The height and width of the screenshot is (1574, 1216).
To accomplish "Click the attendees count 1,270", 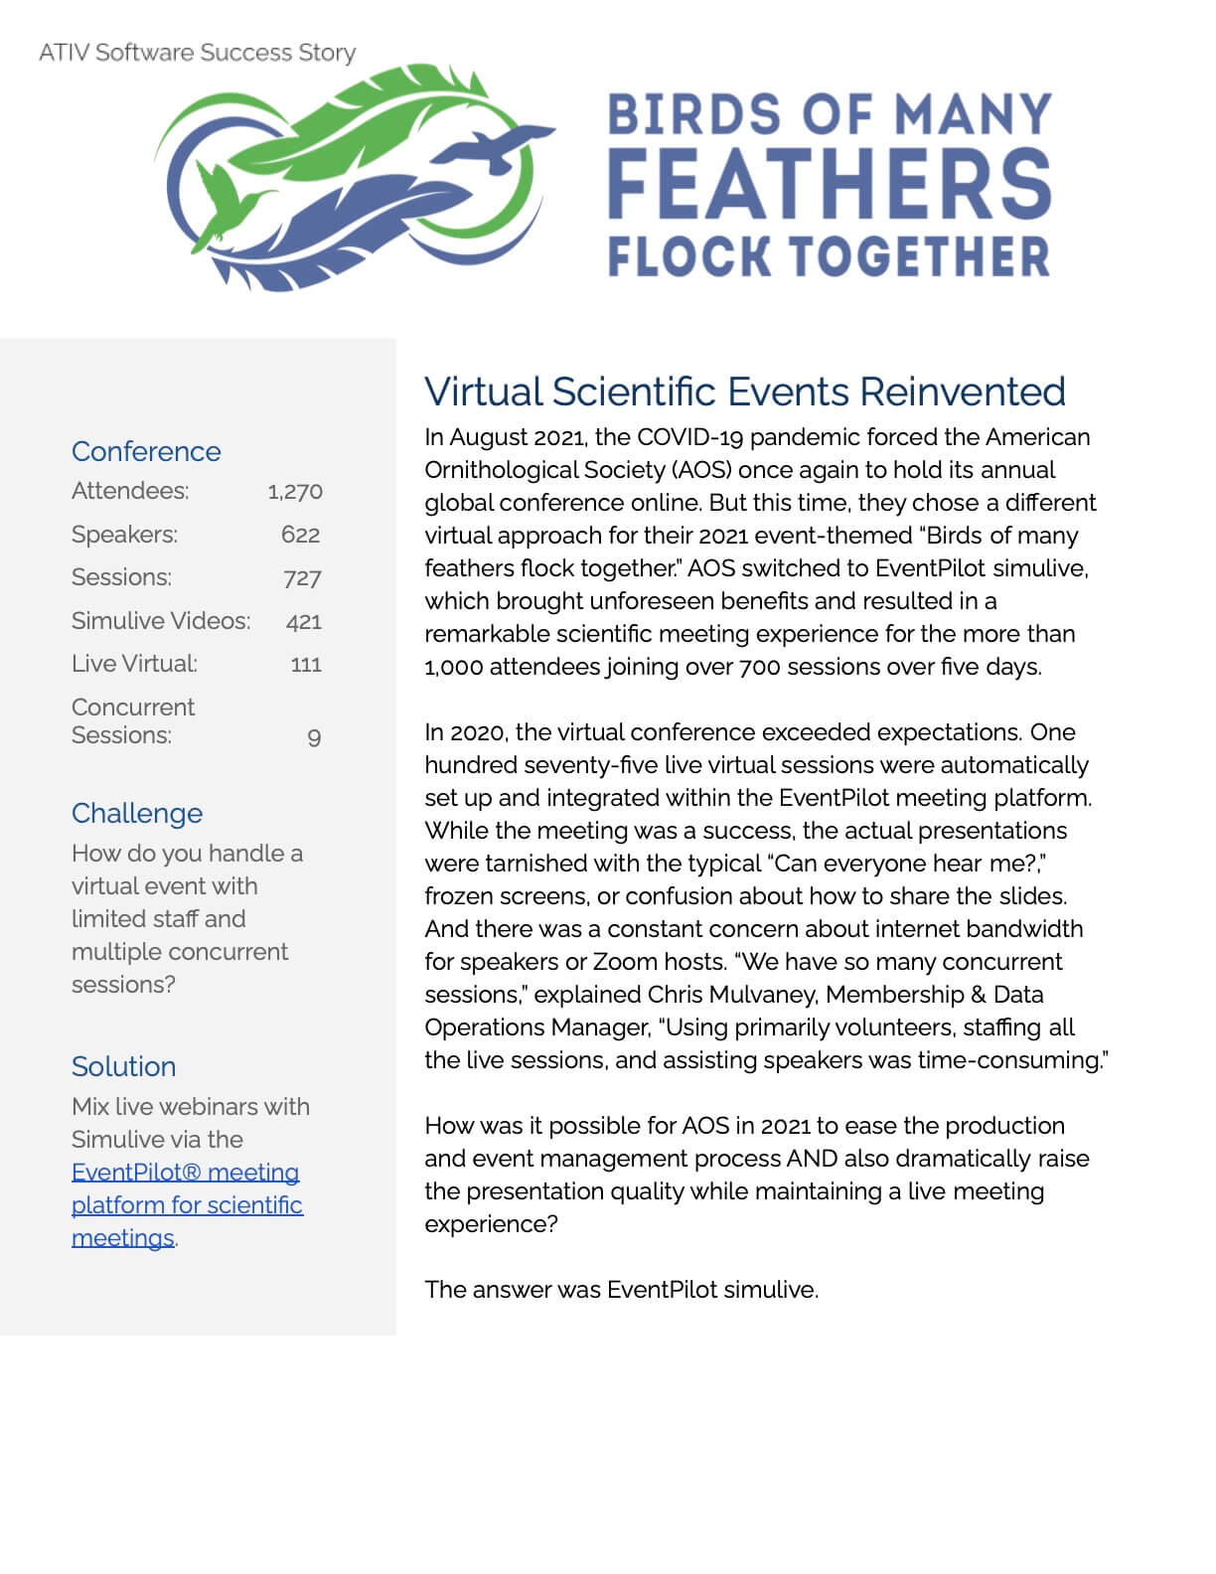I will click(x=295, y=491).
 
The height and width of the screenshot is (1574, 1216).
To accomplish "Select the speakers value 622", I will click(x=300, y=535).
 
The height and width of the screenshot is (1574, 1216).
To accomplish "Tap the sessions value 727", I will click(x=302, y=578).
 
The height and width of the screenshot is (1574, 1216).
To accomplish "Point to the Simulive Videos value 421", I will click(x=303, y=622).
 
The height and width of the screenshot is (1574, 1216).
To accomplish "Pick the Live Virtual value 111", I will click(x=306, y=665).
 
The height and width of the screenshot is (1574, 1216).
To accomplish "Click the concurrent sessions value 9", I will click(x=314, y=737).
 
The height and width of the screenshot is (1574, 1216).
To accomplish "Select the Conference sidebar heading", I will click(x=146, y=451).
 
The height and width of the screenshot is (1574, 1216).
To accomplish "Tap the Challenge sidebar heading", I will click(x=137, y=813).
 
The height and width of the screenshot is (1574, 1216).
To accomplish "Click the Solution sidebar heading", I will click(x=123, y=1066).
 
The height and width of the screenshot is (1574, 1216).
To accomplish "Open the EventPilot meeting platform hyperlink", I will click(x=186, y=1204).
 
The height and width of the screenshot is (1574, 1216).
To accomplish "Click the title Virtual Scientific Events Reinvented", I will click(x=744, y=392).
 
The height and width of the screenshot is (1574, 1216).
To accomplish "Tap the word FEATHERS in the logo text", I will click(x=829, y=185).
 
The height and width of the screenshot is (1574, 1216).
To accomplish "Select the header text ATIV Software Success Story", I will click(x=197, y=53).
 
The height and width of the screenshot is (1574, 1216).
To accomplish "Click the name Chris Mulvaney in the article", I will click(x=732, y=995).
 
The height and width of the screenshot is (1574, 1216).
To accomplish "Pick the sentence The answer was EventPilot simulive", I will click(x=621, y=1290).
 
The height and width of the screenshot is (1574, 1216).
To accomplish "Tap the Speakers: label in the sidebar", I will click(x=124, y=535).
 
